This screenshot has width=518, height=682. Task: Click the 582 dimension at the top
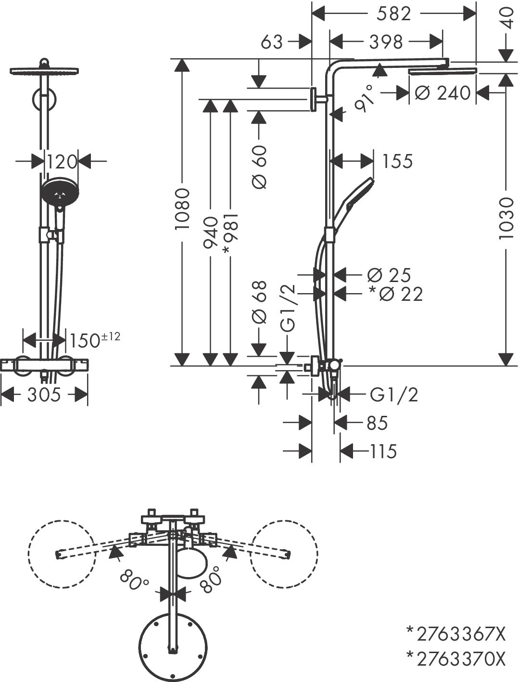[393, 13]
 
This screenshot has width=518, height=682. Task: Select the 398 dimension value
[386, 42]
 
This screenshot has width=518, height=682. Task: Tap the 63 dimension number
[272, 42]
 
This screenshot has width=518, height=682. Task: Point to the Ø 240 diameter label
[442, 92]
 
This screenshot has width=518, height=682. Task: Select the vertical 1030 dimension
[505, 218]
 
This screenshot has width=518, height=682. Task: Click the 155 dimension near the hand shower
[397, 161]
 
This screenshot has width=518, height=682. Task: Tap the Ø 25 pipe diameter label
[389, 275]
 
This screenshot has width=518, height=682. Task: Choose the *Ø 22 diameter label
[395, 294]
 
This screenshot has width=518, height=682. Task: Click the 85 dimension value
[377, 423]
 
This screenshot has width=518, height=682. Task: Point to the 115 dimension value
[383, 451]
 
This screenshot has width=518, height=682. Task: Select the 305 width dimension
[44, 395]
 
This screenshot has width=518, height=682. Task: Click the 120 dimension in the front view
[62, 162]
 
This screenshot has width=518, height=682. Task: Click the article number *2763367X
[456, 634]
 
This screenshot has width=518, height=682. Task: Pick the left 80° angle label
[135, 582]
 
